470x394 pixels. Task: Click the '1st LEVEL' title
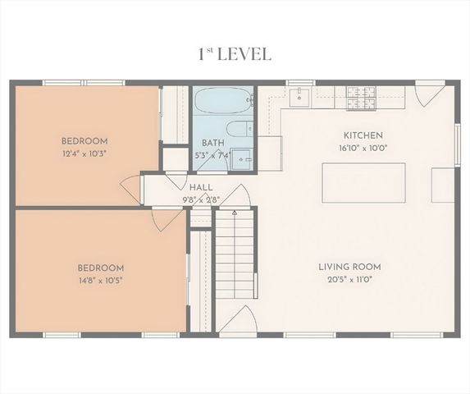[x=235, y=54]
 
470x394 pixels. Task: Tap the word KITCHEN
[x=363, y=135]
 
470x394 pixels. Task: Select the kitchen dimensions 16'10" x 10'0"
[x=363, y=149]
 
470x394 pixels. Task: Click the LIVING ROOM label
[x=349, y=267]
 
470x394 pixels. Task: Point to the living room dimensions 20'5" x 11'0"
[x=349, y=280]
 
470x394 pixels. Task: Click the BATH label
[x=213, y=143]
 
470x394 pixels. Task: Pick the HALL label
[x=201, y=188]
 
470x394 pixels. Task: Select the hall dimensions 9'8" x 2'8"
[x=201, y=199]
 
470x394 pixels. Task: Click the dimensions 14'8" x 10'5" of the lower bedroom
[x=100, y=280]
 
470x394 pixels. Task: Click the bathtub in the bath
[x=223, y=101]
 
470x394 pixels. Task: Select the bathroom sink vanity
[x=241, y=158]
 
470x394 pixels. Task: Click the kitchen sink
[x=299, y=98]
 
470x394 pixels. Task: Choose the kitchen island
[x=363, y=182]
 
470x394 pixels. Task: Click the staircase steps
[x=235, y=263]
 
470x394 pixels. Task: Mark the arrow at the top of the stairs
[x=235, y=214]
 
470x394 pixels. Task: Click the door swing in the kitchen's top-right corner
[x=427, y=94]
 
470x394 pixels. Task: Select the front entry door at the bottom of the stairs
[x=238, y=322]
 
